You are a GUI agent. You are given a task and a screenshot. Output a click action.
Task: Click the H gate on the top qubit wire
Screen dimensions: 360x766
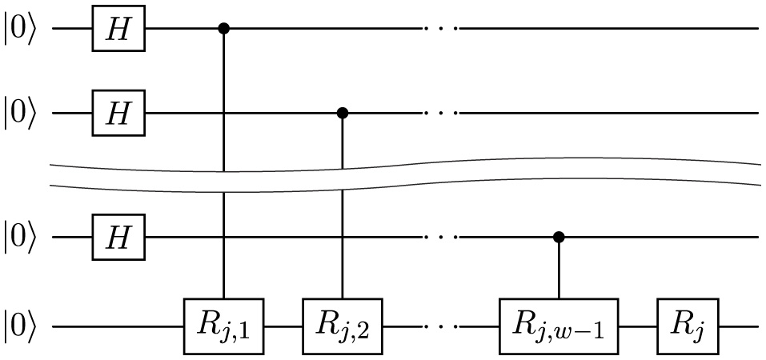118,30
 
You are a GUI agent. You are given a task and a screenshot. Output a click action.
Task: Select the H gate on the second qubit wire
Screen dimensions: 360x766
118,114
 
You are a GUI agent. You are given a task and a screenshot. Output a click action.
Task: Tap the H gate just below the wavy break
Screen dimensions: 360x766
118,237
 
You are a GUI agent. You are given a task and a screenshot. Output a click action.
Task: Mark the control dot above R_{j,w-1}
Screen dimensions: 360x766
559,237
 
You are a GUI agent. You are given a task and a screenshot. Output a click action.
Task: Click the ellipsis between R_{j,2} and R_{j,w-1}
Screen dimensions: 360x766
441,327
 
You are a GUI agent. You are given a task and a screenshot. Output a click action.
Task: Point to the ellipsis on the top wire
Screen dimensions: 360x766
441,30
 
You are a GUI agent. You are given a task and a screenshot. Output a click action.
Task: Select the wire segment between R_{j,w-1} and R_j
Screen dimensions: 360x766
639,327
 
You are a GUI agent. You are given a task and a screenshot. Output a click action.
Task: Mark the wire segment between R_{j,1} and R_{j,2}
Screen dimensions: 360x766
283,327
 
